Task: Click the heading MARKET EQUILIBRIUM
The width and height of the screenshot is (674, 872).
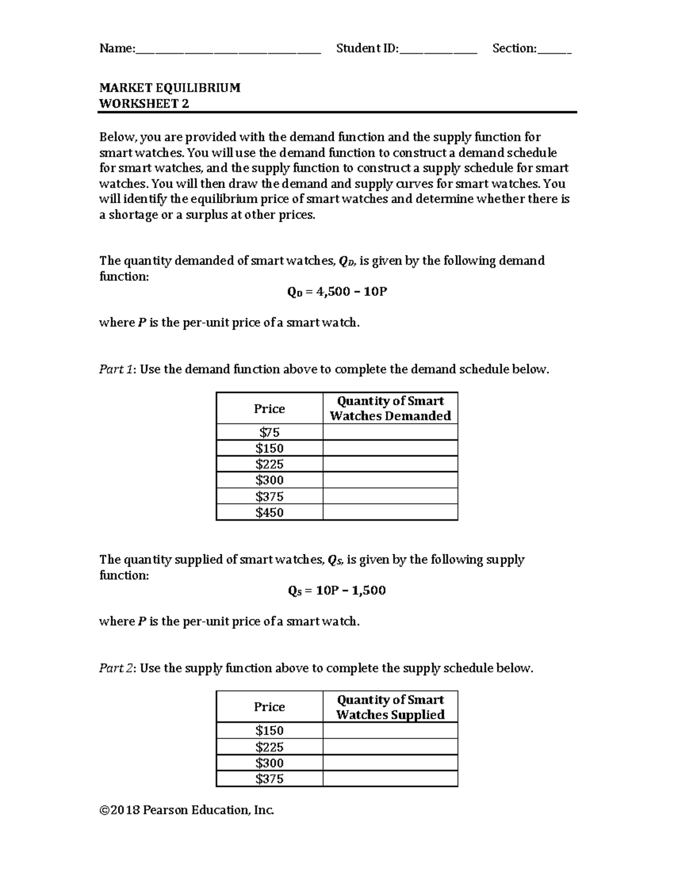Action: click(x=170, y=88)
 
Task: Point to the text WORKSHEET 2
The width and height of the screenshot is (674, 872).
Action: click(x=144, y=103)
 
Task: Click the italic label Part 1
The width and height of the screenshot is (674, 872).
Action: click(x=117, y=369)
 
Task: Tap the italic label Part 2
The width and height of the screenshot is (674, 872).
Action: click(x=117, y=668)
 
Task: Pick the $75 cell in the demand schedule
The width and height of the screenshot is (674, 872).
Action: click(x=270, y=432)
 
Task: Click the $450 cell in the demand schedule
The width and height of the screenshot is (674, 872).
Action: click(x=270, y=512)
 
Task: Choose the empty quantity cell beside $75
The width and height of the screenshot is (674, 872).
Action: click(x=390, y=432)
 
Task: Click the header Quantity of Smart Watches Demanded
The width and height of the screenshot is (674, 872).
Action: click(x=390, y=408)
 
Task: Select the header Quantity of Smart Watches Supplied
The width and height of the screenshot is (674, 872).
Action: click(x=390, y=707)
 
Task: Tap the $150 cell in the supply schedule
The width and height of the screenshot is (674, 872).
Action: click(x=270, y=731)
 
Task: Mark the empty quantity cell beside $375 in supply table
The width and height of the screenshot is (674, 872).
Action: click(x=390, y=779)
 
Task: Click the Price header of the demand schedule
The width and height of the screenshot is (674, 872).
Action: click(x=270, y=409)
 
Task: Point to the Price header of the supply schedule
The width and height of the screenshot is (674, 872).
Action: click(x=270, y=707)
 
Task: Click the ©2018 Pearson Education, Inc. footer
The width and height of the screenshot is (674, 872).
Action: click(x=186, y=810)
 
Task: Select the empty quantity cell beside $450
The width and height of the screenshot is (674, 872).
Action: click(x=390, y=512)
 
